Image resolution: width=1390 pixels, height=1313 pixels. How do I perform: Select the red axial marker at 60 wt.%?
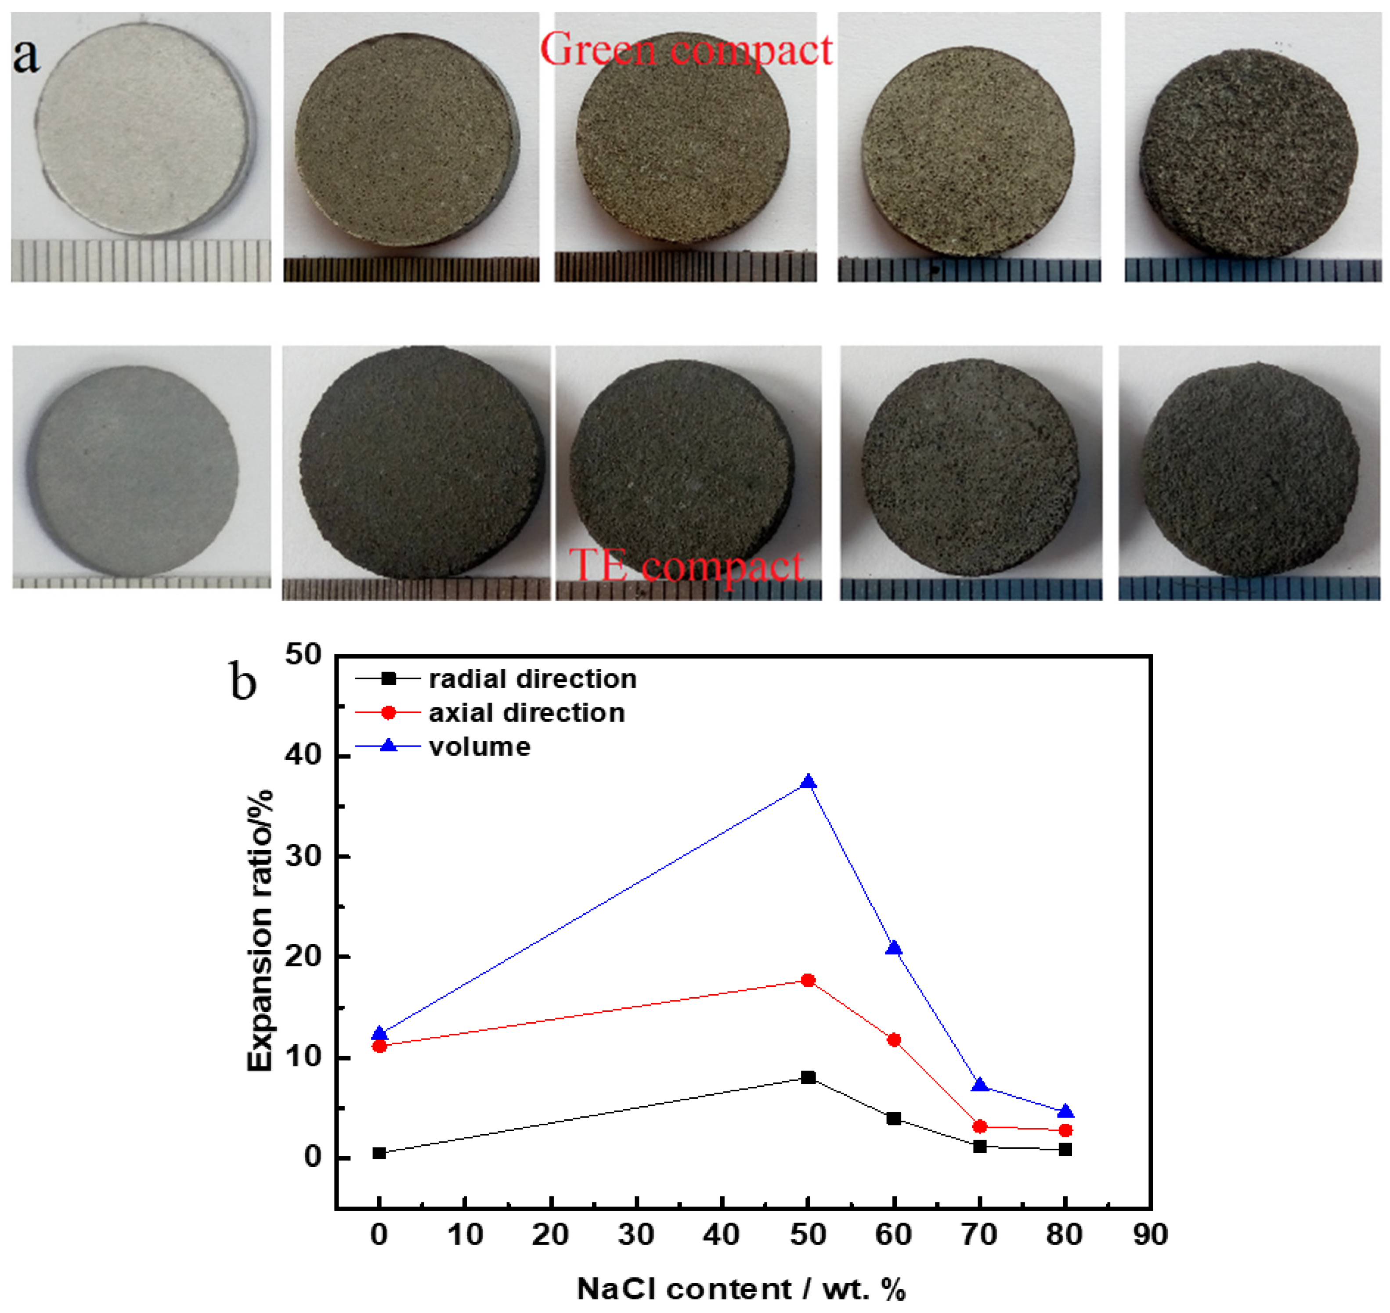click(x=894, y=1040)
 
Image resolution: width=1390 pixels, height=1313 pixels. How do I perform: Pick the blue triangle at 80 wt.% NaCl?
click(x=1065, y=1112)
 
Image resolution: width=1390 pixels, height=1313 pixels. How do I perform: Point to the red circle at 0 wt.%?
click(x=379, y=1046)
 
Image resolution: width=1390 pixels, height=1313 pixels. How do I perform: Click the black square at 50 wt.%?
click(x=809, y=1077)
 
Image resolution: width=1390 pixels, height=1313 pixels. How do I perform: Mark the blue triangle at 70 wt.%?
click(x=980, y=1086)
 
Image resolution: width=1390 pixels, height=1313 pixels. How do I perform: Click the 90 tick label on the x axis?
click(x=1150, y=1234)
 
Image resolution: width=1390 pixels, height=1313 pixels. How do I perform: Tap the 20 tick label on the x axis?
click(x=551, y=1234)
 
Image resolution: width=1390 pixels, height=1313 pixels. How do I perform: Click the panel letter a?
click(x=27, y=56)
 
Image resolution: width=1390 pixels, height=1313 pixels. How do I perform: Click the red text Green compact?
click(x=686, y=50)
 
